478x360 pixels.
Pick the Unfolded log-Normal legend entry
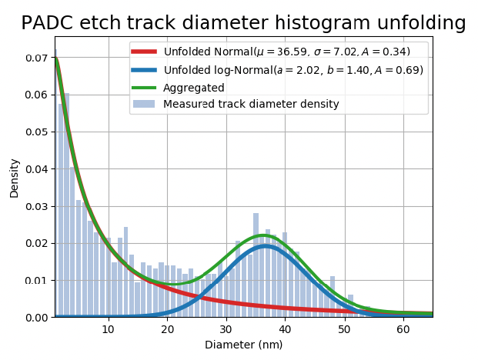(x=293, y=70)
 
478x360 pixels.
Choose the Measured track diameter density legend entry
(x=251, y=104)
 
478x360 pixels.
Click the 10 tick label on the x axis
(x=109, y=329)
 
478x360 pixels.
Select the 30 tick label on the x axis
(x=226, y=329)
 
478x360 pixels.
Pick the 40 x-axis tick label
(x=286, y=329)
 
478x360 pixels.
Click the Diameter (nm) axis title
(x=243, y=345)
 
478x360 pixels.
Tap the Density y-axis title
(x=15, y=178)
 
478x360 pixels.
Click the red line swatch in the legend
(x=145, y=52)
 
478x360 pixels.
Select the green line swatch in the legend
(x=145, y=88)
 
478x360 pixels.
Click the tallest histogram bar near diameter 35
(x=256, y=265)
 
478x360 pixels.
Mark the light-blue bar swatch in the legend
(x=145, y=104)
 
